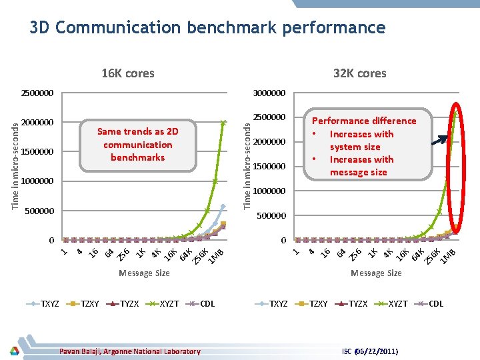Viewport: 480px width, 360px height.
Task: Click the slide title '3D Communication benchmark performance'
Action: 207,28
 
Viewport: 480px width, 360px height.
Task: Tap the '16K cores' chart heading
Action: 127,73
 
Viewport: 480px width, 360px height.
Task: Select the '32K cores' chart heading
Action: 359,73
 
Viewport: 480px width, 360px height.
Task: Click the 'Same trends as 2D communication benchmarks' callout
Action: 138,145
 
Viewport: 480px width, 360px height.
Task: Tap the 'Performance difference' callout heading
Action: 364,121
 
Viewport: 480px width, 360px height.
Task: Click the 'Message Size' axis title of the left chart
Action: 144,273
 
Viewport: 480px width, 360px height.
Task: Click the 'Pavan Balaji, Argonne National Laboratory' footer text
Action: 130,351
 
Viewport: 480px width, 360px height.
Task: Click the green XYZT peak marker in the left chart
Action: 223,122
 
